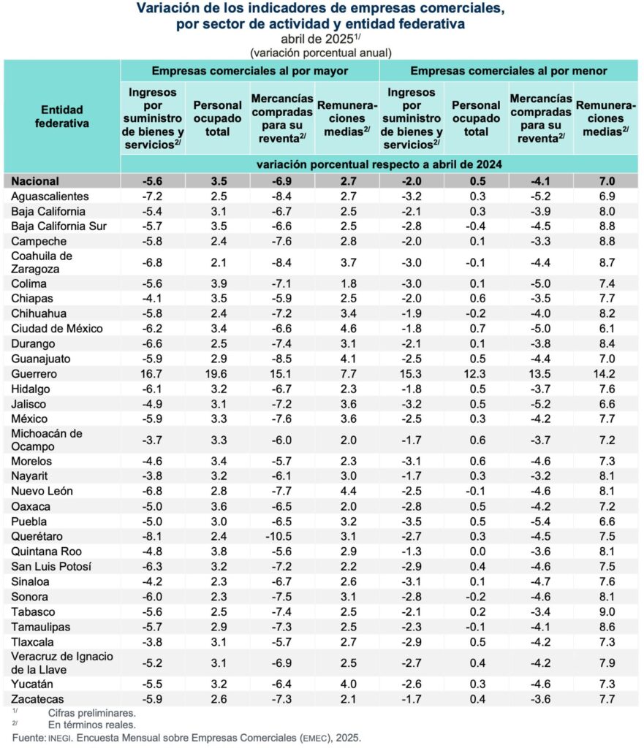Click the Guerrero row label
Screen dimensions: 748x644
click(34, 374)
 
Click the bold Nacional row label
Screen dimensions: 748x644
click(36, 181)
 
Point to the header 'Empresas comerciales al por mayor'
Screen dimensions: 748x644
click(249, 71)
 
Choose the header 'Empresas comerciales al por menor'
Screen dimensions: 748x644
click(508, 71)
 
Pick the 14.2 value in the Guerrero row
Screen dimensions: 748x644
click(606, 374)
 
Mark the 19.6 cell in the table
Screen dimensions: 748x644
click(217, 374)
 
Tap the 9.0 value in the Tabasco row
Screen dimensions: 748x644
click(606, 611)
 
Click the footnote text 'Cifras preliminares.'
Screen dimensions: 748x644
click(91, 712)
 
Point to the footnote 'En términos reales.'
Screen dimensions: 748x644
click(91, 725)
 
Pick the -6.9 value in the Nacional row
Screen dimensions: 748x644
click(282, 181)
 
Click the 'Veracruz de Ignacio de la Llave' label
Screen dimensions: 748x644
click(63, 663)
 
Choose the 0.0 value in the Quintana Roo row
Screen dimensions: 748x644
click(476, 552)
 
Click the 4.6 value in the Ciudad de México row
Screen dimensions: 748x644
click(347, 329)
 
